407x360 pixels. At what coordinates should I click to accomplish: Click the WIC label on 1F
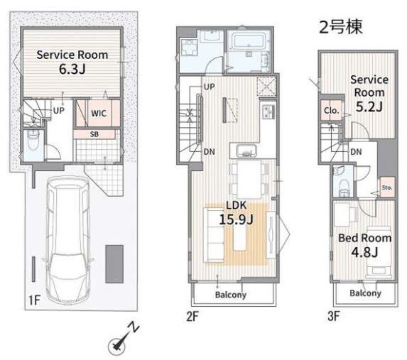[x=99, y=113]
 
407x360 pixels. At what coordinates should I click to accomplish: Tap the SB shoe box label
[x=94, y=134]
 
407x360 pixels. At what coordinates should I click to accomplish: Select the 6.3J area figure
[x=72, y=69]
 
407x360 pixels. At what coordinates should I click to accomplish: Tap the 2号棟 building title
[x=340, y=27]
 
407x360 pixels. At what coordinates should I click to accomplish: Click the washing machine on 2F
[x=189, y=48]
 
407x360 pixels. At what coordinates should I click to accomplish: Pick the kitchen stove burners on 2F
[x=268, y=111]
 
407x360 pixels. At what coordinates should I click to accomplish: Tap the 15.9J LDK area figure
[x=236, y=219]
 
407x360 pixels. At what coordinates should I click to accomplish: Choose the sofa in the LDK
[x=214, y=234]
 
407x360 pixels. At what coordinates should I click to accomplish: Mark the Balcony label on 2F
[x=231, y=295]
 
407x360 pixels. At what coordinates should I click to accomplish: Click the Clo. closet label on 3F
[x=331, y=111]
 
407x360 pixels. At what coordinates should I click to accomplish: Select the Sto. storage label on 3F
[x=387, y=187]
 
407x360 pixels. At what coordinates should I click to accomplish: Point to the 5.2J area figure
[x=369, y=106]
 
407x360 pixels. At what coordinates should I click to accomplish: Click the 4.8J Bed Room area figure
[x=364, y=251]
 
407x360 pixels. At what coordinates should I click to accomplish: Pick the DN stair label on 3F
[x=356, y=152]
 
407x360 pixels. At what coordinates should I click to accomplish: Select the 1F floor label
[x=34, y=300]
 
